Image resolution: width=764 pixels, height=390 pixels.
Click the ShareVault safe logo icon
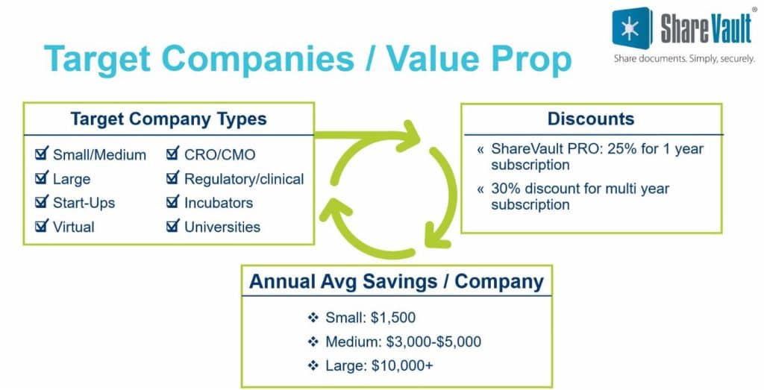(x=632, y=28)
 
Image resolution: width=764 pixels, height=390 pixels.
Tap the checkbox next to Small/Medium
(x=42, y=154)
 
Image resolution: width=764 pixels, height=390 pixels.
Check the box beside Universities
(x=173, y=225)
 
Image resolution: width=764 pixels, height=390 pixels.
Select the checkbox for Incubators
(x=173, y=201)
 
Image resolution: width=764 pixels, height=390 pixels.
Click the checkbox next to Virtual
(x=42, y=225)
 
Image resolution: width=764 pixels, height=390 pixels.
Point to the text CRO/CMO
(x=220, y=155)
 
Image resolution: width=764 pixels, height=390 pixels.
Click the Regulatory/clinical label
(x=244, y=179)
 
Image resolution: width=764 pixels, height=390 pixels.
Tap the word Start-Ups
(x=84, y=203)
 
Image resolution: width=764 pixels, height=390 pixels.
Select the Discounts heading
(x=591, y=119)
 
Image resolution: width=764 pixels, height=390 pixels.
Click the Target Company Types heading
(x=169, y=119)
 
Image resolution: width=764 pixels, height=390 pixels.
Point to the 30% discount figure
(x=507, y=189)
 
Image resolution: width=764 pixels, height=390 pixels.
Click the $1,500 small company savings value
(x=393, y=318)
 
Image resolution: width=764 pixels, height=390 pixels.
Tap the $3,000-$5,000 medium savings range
(x=433, y=342)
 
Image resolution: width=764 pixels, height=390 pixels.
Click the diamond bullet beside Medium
(x=313, y=342)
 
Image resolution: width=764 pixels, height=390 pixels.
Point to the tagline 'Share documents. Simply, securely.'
(x=684, y=59)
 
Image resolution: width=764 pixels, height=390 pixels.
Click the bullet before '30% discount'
(x=480, y=189)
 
